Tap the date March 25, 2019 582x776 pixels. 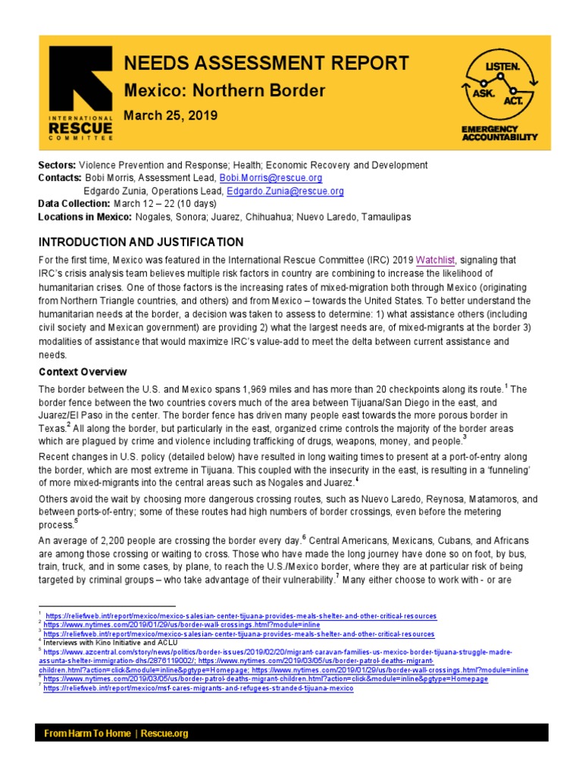pos(171,116)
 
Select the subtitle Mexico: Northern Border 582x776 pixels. pos(224,91)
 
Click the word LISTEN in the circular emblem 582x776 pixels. pos(503,67)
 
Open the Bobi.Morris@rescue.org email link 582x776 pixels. pos(271,178)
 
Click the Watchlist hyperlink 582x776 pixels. pos(433,260)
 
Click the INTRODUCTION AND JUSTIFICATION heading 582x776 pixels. pos(141,242)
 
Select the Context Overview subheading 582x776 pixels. pos(83,372)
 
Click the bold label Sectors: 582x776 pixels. pos(57,164)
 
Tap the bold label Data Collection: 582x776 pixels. pos(74,205)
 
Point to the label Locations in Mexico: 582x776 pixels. pos(85,217)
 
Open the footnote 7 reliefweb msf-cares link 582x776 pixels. pos(199,688)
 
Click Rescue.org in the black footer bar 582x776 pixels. pos(164,734)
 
